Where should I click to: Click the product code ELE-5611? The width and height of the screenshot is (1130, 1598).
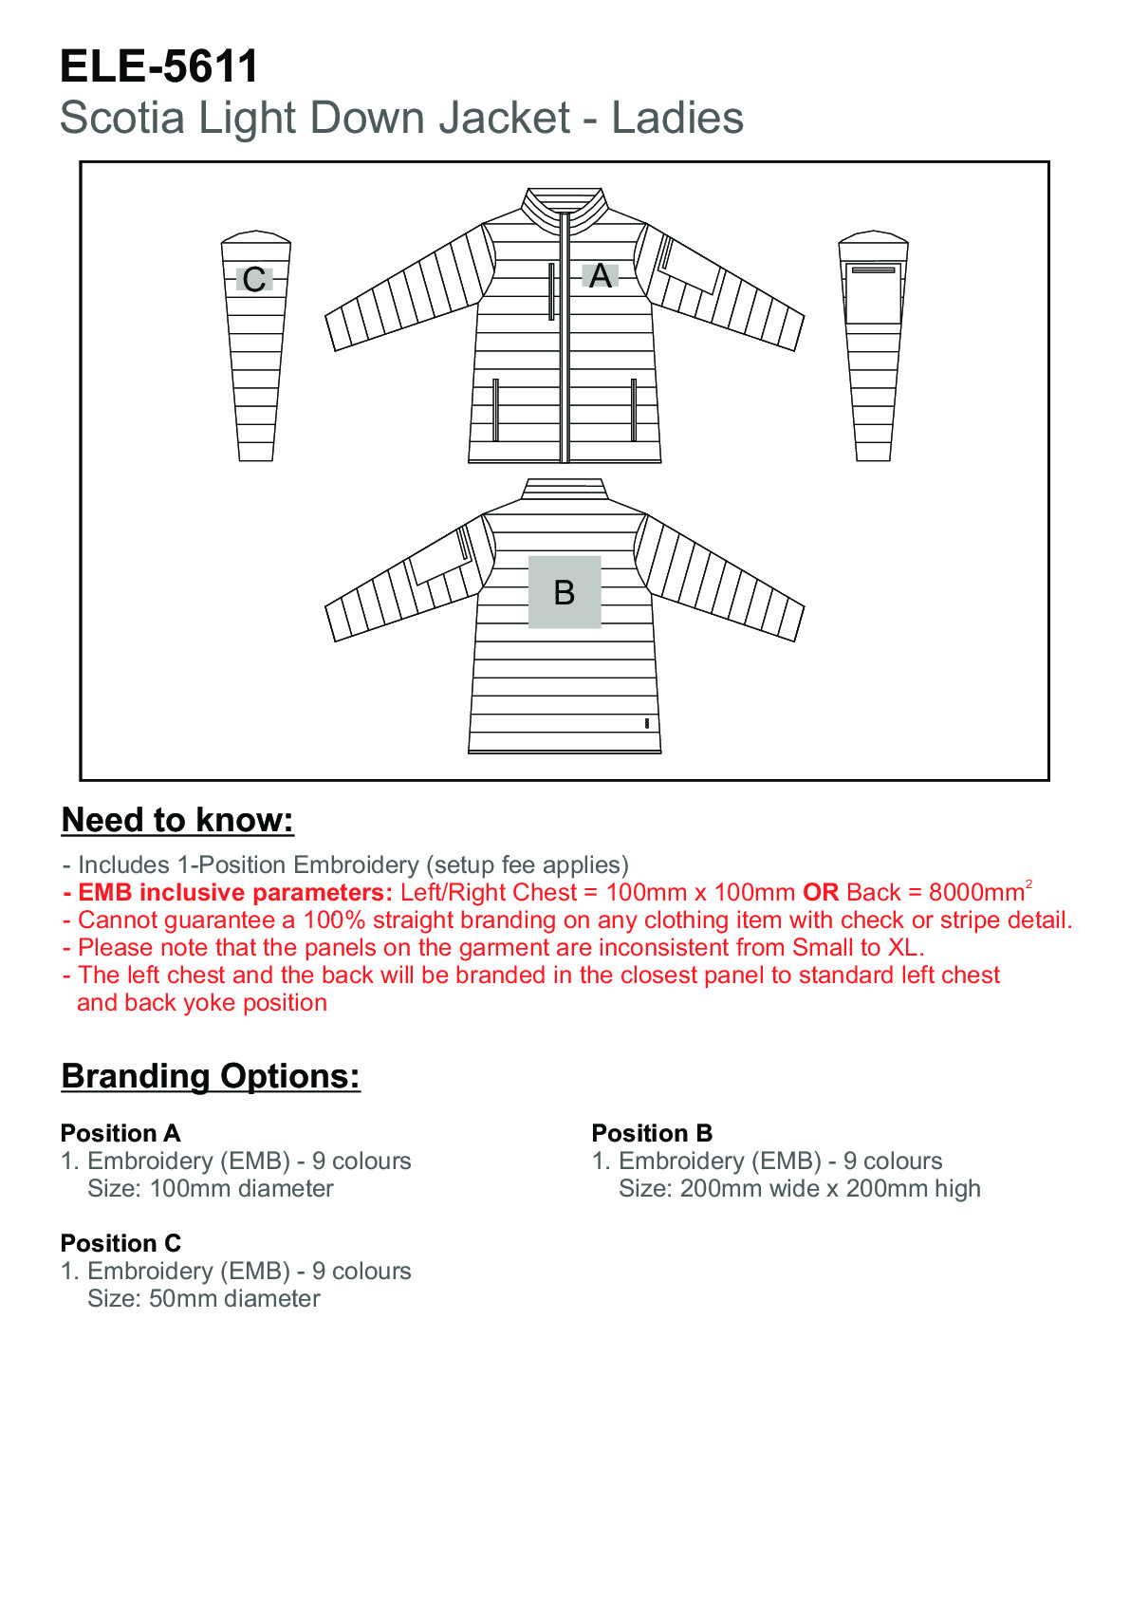click(158, 67)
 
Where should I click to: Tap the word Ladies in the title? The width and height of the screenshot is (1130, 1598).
click(676, 119)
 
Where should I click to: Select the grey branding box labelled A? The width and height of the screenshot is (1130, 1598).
click(600, 276)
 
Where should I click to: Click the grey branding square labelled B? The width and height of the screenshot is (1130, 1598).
click(565, 592)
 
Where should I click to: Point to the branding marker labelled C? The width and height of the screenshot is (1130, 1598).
click(254, 280)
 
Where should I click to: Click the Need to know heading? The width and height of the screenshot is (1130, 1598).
click(177, 820)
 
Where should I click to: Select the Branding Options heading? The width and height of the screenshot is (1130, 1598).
click(211, 1076)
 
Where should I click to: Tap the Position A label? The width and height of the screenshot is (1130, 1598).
click(120, 1133)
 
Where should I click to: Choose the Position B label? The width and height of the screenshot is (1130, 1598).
click(652, 1133)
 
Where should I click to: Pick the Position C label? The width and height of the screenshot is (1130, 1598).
click(120, 1243)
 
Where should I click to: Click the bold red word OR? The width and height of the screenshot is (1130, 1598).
click(821, 893)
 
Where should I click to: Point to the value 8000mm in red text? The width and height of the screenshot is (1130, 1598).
click(976, 893)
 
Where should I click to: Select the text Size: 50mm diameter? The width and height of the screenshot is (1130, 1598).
click(203, 1299)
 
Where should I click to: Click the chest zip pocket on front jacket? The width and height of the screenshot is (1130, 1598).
click(551, 291)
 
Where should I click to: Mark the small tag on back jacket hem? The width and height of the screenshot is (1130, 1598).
click(646, 723)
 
